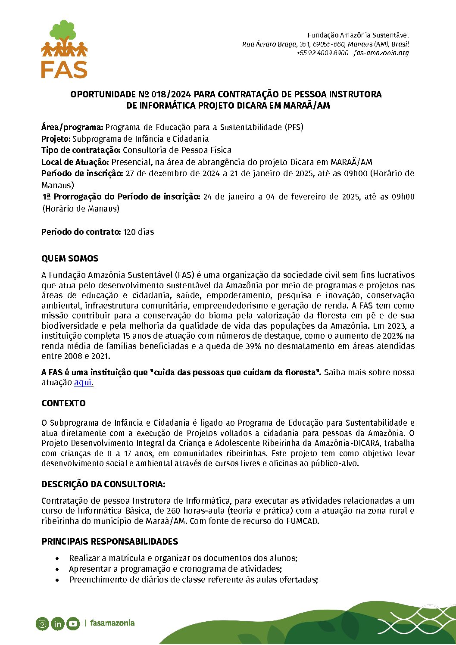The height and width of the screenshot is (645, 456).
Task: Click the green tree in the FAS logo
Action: point(64,31)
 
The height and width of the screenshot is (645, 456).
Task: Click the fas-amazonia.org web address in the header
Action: point(381,53)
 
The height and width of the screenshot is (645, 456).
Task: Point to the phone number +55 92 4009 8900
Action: point(322,53)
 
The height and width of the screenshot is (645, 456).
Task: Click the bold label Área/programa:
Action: point(72,127)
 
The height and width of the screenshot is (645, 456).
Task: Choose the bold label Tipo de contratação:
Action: point(81,150)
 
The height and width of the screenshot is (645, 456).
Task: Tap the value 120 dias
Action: point(138,232)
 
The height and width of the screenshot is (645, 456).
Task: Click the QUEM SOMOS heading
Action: point(70,259)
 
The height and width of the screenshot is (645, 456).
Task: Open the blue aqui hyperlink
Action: point(83,382)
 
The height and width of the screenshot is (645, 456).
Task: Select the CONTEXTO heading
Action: point(63,403)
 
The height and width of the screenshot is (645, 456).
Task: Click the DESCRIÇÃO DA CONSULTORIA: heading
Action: point(103,484)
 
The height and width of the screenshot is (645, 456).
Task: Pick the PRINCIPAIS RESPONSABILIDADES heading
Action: point(109,542)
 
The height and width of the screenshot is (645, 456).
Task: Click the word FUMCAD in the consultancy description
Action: point(302,521)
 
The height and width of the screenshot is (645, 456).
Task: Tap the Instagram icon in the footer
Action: point(42,623)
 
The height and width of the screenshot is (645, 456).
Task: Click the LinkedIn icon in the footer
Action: point(57,623)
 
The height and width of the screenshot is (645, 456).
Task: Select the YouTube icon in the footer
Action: point(73,623)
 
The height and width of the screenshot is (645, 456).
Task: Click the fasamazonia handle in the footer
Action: point(112,623)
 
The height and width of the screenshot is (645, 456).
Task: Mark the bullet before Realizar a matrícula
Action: point(57,558)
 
